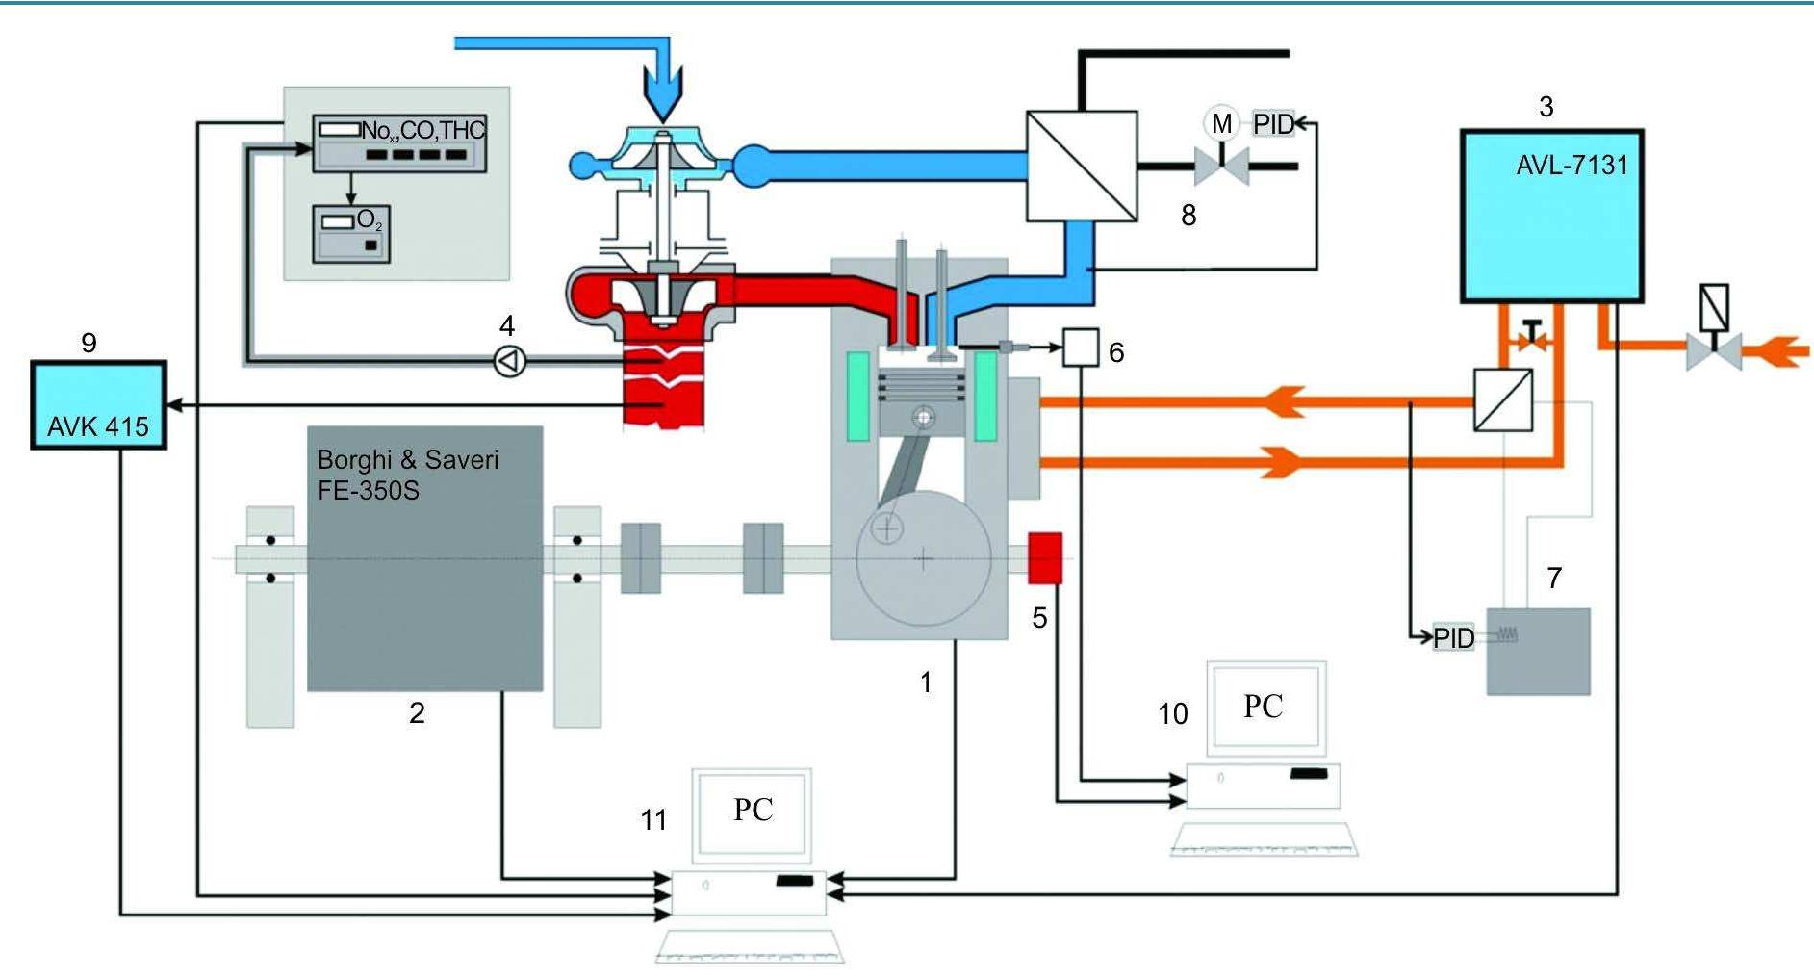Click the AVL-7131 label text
[x=1571, y=166]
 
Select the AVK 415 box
[x=98, y=405]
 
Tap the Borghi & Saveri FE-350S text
[x=408, y=474]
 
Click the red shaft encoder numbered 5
[x=1045, y=557]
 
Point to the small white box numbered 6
[x=1080, y=348]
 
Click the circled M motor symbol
[x=1221, y=123]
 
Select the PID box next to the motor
[x=1272, y=124]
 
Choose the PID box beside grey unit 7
[x=1453, y=637]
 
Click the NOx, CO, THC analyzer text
[x=422, y=130]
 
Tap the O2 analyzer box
[x=351, y=233]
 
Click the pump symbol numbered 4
[x=510, y=361]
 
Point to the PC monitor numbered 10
[x=1265, y=707]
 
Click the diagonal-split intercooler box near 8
[x=1082, y=167]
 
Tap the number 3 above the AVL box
[x=1546, y=107]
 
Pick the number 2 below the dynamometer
[x=417, y=713]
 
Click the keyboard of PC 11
[x=750, y=945]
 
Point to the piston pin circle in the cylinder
[x=925, y=417]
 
